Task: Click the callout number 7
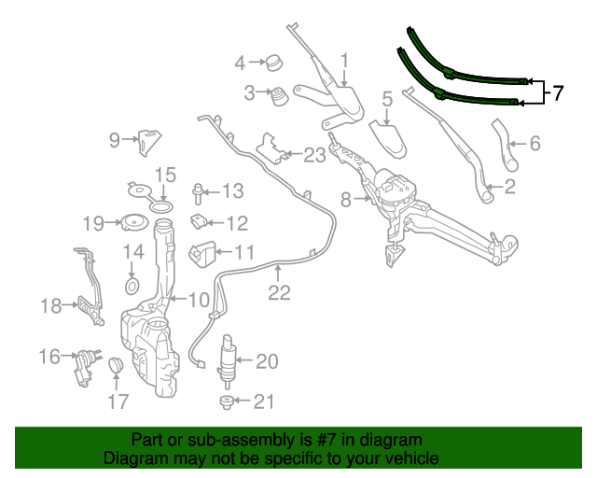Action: pos(558,93)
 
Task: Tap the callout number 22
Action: pos(280,293)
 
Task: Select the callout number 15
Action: pos(165,175)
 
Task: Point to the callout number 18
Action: pos(50,304)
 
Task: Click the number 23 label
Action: pos(314,155)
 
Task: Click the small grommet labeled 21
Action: pos(226,402)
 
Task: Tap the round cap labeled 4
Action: pos(274,63)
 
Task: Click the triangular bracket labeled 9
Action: pos(147,142)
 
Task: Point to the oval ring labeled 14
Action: pos(132,285)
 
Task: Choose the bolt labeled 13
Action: pos(199,194)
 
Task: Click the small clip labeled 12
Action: pos(199,222)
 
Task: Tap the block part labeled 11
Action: pos(202,252)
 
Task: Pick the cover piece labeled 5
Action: pos(391,135)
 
